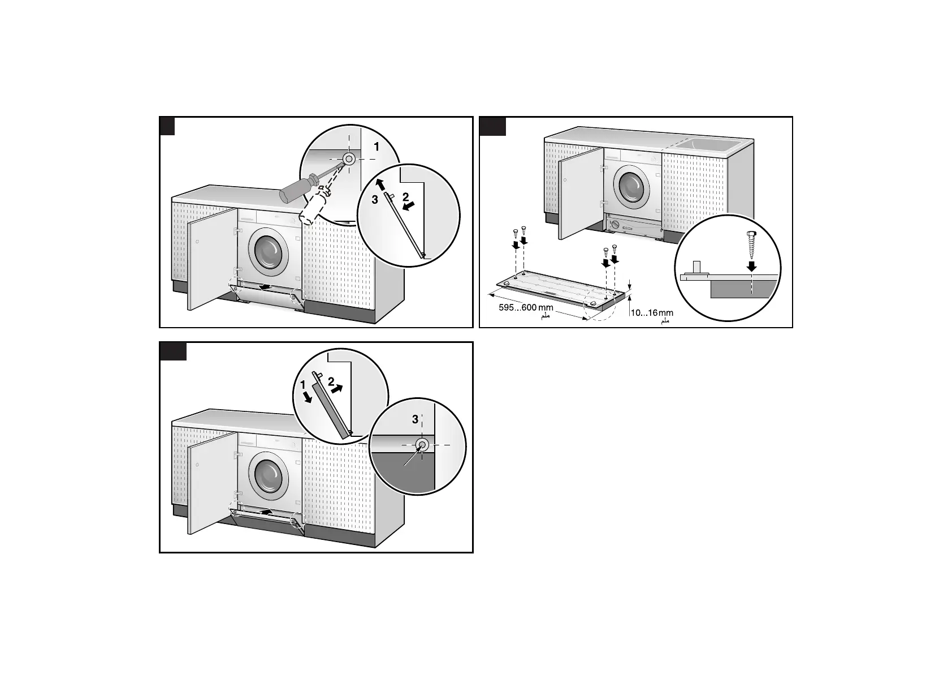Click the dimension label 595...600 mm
526,308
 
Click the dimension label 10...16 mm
651,312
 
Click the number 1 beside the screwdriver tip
377,147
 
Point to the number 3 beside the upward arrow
374,200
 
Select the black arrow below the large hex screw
751,265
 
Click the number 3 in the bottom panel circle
416,419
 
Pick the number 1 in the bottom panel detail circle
303,385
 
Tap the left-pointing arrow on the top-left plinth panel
261,287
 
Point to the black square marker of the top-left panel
167,126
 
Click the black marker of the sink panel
492,126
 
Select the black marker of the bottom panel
173,351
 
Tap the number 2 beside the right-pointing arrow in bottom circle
331,382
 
